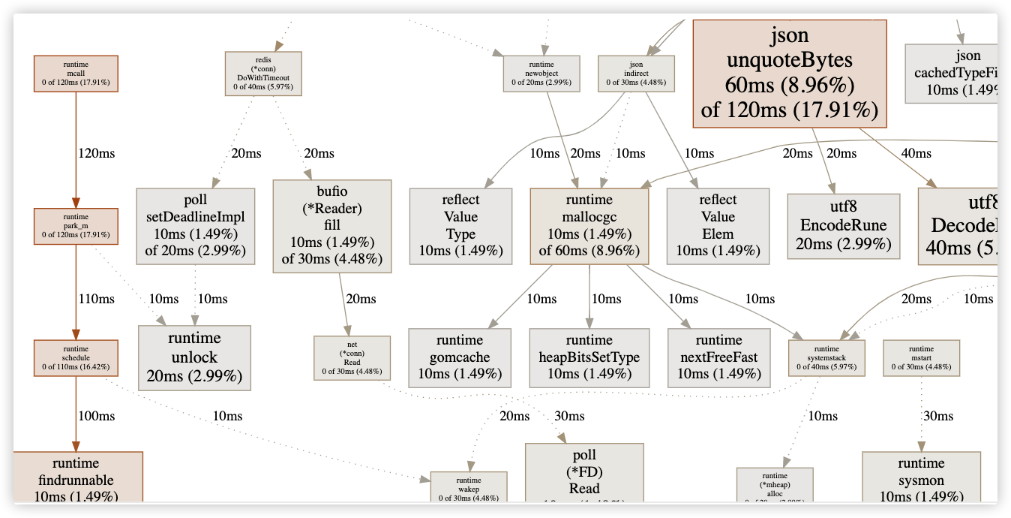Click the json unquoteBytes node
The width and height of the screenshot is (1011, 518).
790,73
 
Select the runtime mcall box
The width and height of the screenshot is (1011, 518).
76,74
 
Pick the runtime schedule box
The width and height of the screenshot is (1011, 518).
76,358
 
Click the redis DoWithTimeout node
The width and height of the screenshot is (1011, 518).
263,74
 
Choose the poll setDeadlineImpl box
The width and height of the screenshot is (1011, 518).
196,226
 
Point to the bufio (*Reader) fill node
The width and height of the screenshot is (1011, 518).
332,226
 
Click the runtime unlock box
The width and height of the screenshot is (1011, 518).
194,357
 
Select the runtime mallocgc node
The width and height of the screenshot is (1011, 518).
589,226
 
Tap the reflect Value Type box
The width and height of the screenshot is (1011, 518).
460,226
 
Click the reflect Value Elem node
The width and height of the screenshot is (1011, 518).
718,226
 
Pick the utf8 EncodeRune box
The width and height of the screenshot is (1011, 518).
844,226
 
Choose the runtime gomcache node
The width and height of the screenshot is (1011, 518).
460,357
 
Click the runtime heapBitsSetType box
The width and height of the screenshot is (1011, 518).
589,357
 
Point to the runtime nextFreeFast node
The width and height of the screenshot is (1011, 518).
718,357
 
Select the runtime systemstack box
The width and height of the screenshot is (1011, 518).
826,358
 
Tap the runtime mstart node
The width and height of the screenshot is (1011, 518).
922,358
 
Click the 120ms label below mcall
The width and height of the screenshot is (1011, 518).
97,153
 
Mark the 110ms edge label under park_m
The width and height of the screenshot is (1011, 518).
97,299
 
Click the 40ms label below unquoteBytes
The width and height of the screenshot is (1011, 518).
916,153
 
